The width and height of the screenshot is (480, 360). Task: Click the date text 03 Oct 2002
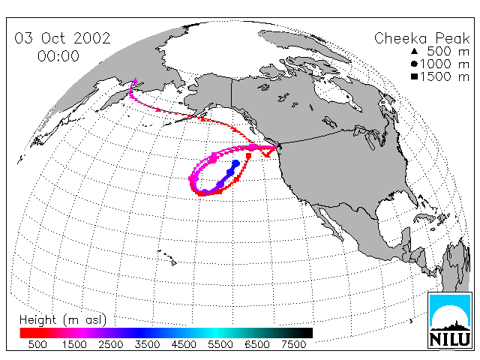pyautogui.click(x=62, y=38)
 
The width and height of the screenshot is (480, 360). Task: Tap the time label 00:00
pyautogui.click(x=58, y=56)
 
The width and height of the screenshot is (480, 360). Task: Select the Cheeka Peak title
pyautogui.click(x=421, y=39)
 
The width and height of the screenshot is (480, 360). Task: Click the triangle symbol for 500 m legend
pyautogui.click(x=415, y=51)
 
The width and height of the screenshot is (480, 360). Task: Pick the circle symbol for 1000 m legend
pyautogui.click(x=415, y=64)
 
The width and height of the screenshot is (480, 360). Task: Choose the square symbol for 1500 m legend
pyautogui.click(x=415, y=76)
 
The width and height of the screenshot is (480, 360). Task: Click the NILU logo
pyautogui.click(x=450, y=320)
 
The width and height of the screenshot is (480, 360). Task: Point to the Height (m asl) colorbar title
pyautogui.click(x=63, y=320)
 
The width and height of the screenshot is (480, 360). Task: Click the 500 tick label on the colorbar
pyautogui.click(x=37, y=344)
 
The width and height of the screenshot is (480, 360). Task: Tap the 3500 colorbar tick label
pyautogui.click(x=147, y=344)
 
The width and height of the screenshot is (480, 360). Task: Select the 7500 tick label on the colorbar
pyautogui.click(x=293, y=344)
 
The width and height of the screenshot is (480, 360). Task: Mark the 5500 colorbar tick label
pyautogui.click(x=220, y=344)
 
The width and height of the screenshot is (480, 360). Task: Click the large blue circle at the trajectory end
pyautogui.click(x=236, y=163)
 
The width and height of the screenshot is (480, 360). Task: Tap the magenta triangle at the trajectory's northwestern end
pyautogui.click(x=135, y=80)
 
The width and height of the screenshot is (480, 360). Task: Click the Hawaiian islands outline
pyautogui.click(x=167, y=257)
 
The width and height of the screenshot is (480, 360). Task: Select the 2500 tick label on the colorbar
pyautogui.click(x=111, y=344)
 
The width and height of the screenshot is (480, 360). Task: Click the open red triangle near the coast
pyautogui.click(x=267, y=153)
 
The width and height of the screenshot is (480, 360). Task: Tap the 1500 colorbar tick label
pyautogui.click(x=74, y=344)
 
